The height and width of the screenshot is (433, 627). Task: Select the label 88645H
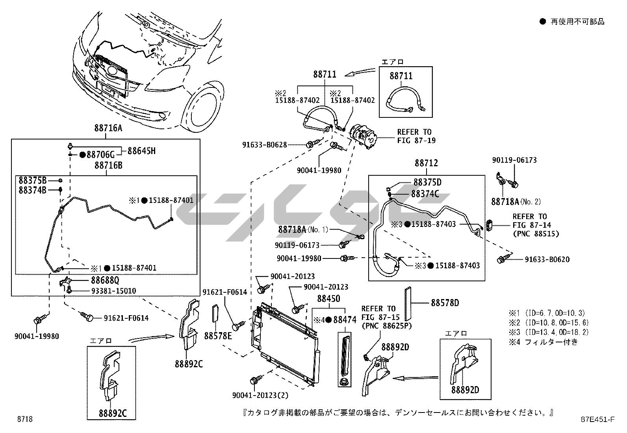(141, 151)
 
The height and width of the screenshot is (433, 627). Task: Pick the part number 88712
(426, 163)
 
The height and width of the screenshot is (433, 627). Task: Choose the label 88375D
(427, 182)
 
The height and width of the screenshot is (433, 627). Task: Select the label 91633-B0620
(547, 259)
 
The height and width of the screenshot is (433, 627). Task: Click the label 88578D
(445, 303)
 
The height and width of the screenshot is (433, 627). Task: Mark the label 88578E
(218, 336)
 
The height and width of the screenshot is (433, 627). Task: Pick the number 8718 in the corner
(25, 419)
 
